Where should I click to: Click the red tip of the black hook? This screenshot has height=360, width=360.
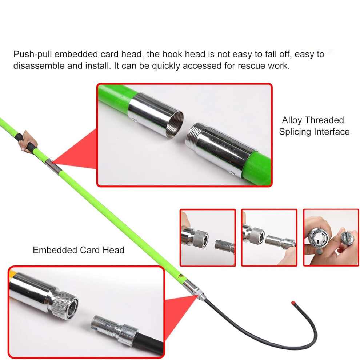pos(293,303)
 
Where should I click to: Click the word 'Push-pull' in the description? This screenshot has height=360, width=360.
pos(32,55)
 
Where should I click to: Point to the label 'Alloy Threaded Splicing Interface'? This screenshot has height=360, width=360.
pos(314,126)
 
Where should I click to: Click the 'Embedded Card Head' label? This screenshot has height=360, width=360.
pos(79,250)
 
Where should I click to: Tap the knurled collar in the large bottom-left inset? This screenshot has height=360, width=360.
pos(64,305)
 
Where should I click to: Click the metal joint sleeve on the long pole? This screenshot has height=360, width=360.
pos(53,166)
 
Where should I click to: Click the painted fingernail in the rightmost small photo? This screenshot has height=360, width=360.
pos(319,251)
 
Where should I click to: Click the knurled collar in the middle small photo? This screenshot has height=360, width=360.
pos(257,236)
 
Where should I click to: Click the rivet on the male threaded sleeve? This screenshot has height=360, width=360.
pos(232,173)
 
